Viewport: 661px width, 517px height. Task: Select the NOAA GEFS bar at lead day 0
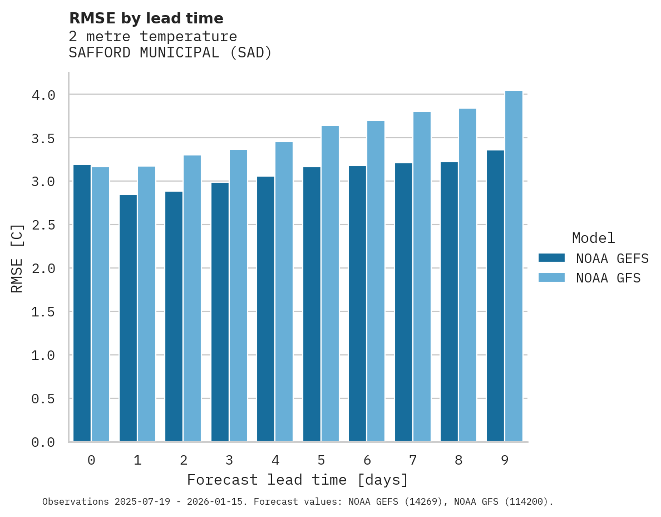(x=82, y=303)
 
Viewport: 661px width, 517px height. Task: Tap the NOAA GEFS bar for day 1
(x=128, y=318)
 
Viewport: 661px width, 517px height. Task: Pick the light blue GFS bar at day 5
(x=330, y=284)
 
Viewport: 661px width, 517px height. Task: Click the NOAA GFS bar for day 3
(x=238, y=296)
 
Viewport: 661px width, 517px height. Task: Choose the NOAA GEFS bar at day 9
(x=495, y=296)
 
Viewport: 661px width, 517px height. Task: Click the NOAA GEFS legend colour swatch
(x=551, y=258)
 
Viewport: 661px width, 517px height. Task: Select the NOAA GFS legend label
(x=608, y=278)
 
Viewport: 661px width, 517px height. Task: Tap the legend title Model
(x=593, y=238)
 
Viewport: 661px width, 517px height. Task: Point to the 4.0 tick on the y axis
(x=43, y=95)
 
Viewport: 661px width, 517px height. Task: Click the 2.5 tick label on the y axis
(x=43, y=225)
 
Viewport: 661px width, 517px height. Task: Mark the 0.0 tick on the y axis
(x=43, y=442)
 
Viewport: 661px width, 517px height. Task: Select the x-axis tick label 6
(x=367, y=460)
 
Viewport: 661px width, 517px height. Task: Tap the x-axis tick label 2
(x=183, y=460)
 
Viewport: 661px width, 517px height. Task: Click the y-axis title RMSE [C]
(x=17, y=258)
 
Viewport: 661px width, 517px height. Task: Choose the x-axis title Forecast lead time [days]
(x=298, y=480)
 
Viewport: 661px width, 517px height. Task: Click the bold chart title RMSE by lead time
(x=146, y=18)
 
